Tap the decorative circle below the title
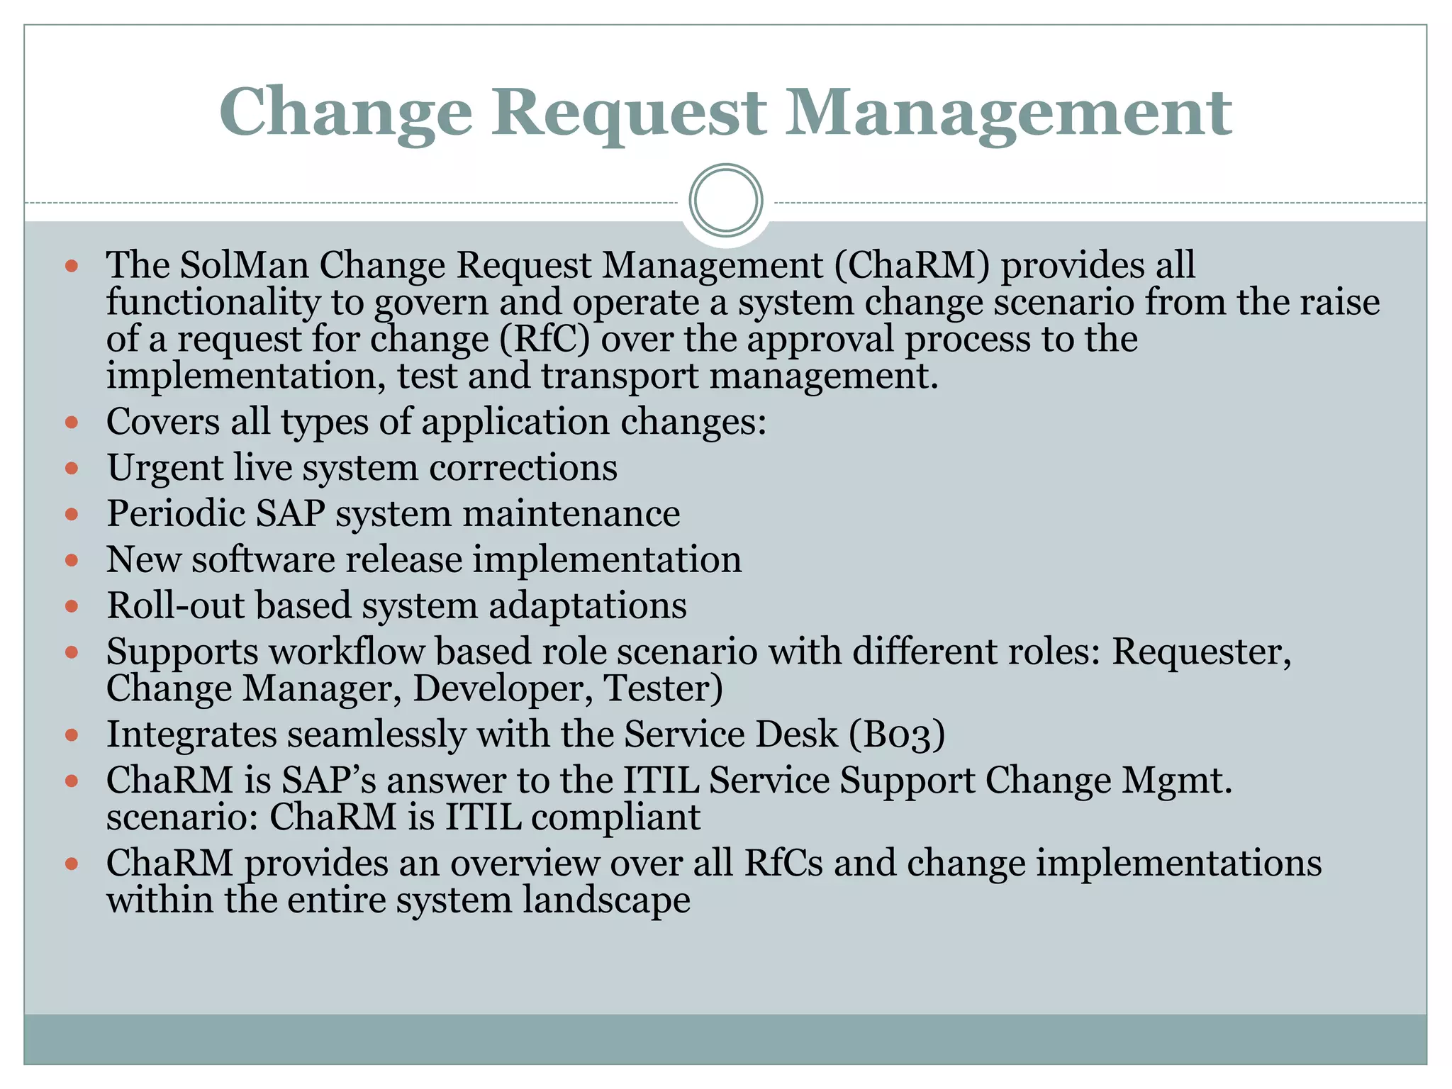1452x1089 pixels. pos(726,201)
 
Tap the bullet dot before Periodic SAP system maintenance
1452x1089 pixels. pos(71,514)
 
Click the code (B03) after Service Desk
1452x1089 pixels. pos(897,735)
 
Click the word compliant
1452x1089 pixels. pos(615,817)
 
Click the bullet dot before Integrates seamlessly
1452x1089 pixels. pos(71,735)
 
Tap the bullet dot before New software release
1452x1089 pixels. pos(71,560)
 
